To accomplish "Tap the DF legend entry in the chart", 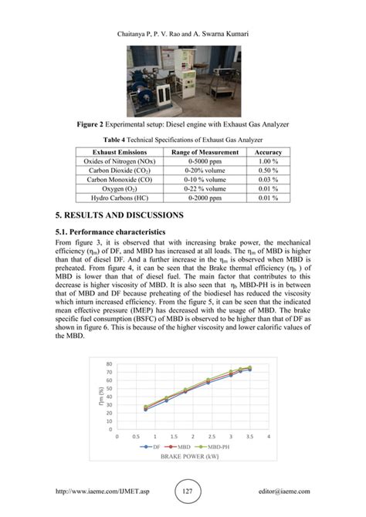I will coord(151,447).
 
